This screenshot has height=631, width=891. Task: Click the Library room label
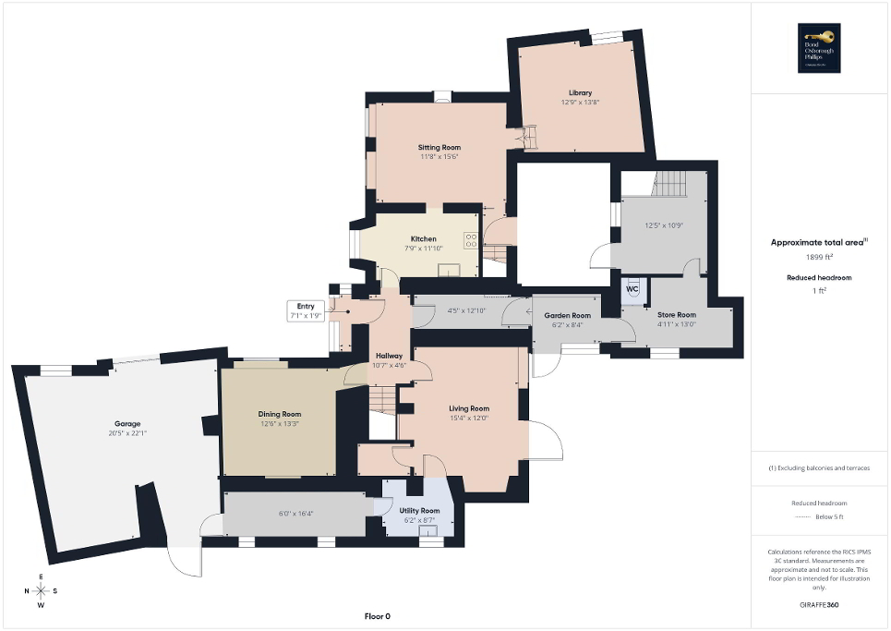[580, 92]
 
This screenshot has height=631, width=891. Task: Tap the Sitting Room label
[439, 147]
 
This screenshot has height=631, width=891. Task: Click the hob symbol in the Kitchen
[471, 240]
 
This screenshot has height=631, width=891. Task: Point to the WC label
[632, 288]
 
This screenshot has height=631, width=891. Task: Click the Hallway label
[389, 355]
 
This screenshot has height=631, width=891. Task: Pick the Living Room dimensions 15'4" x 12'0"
[469, 418]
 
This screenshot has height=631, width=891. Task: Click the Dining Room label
[280, 414]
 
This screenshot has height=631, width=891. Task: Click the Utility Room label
[419, 510]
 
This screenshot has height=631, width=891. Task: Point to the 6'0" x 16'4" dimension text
[295, 514]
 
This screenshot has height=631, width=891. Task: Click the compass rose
[42, 591]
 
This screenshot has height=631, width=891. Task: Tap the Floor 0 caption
[378, 616]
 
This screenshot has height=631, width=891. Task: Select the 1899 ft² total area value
[820, 257]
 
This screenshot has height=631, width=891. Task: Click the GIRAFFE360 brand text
[820, 605]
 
